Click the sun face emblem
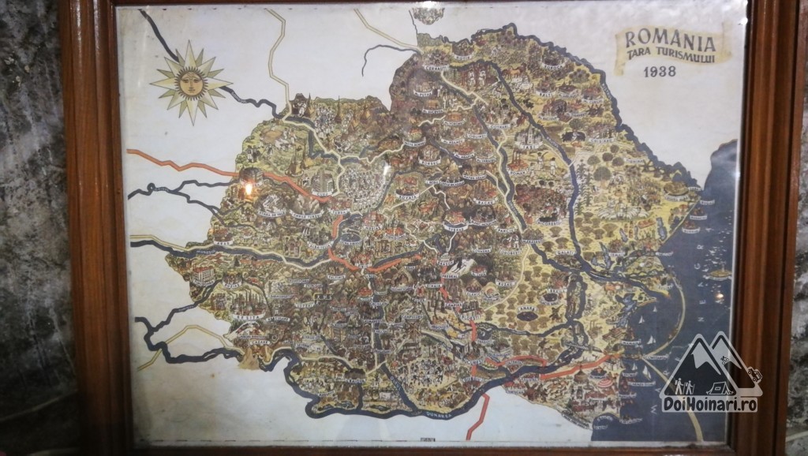190,80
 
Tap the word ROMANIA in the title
670,40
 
